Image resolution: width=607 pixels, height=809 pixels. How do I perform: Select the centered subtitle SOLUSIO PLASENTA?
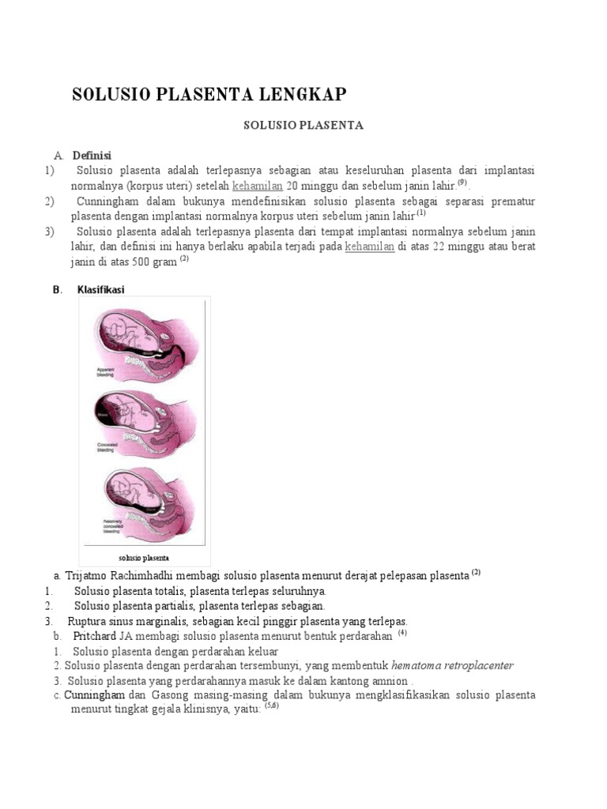[x=303, y=126]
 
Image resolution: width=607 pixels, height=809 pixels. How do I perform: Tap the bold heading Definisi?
[x=92, y=155]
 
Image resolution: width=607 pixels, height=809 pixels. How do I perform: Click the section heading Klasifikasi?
[x=100, y=290]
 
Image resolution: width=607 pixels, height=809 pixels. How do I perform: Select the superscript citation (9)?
[x=462, y=182]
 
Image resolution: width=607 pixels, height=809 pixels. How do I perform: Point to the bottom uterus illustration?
[x=142, y=502]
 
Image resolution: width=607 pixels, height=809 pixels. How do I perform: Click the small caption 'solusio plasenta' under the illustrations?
[x=144, y=558]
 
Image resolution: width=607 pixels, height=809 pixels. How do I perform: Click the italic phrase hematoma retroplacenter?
[x=453, y=666]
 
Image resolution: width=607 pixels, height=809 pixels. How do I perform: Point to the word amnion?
[x=388, y=681]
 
